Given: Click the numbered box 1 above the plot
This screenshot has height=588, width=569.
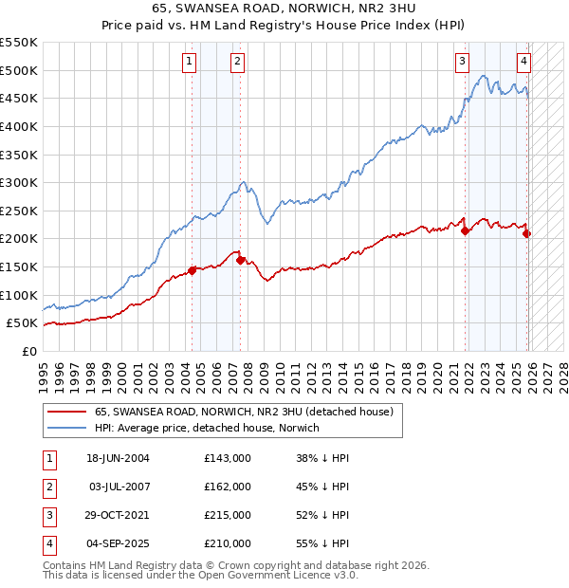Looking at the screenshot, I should pyautogui.click(x=190, y=63).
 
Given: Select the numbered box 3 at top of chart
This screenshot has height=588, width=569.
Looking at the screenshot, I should pyautogui.click(x=462, y=63).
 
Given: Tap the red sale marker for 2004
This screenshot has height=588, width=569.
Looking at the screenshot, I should pyautogui.click(x=192, y=270).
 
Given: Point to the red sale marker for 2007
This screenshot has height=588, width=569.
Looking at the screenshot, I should pyautogui.click(x=240, y=259).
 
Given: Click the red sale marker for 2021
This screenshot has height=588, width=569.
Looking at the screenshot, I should pyautogui.click(x=465, y=230).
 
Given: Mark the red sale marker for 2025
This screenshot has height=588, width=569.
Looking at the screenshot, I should pyautogui.click(x=527, y=233).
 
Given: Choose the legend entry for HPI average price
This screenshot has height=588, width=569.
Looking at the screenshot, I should pyautogui.click(x=207, y=428).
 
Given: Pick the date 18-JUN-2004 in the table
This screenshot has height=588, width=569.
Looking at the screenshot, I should pyautogui.click(x=119, y=457).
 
